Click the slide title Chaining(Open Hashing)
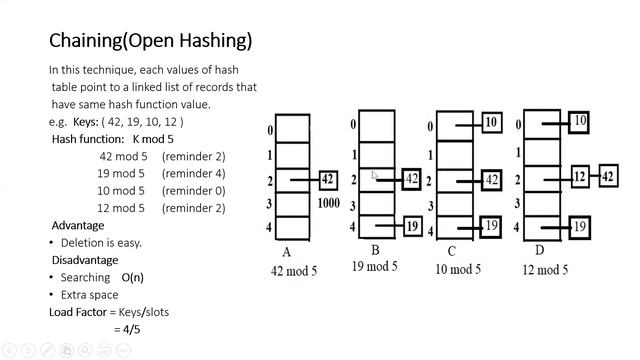click(150, 41)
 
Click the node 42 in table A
click(327, 180)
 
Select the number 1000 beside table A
click(328, 203)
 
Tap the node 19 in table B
click(412, 226)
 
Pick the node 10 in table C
click(490, 123)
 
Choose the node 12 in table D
click(578, 177)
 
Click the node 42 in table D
click(607, 177)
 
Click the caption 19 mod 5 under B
click(374, 266)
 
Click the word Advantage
click(78, 225)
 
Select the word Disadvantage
click(85, 260)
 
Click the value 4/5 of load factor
click(127, 329)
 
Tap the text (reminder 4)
click(193, 173)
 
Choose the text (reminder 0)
click(193, 190)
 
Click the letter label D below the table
click(540, 252)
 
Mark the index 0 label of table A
click(270, 131)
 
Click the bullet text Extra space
click(88, 295)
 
